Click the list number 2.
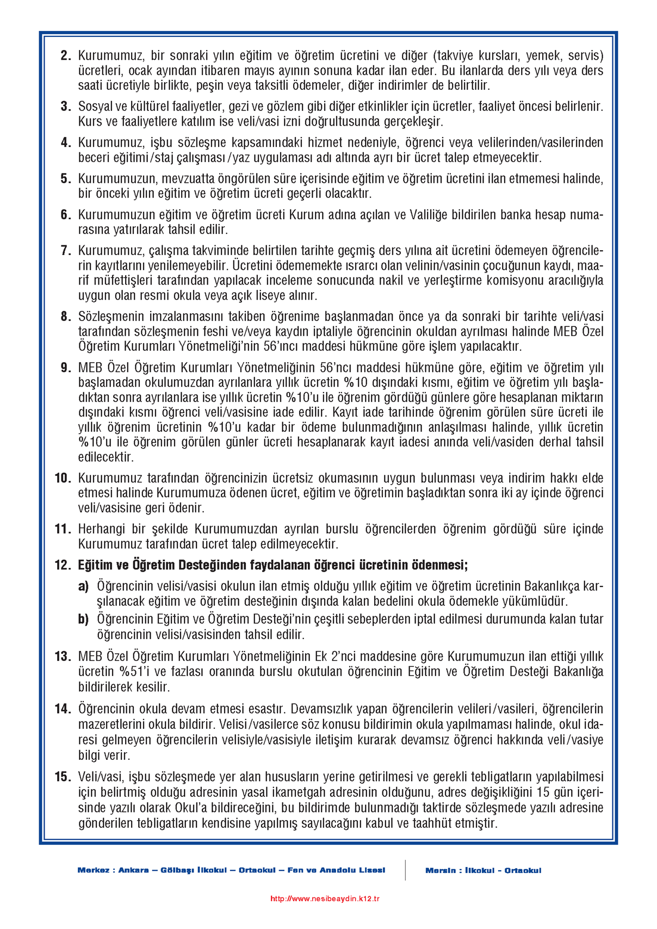click(65, 55)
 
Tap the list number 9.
click(65, 368)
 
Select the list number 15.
click(63, 777)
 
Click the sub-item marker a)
click(83, 586)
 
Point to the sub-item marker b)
click(83, 619)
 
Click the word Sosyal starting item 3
click(94, 107)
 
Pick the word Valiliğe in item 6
click(430, 215)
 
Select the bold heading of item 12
click(272, 565)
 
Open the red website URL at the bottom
click(325, 899)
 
